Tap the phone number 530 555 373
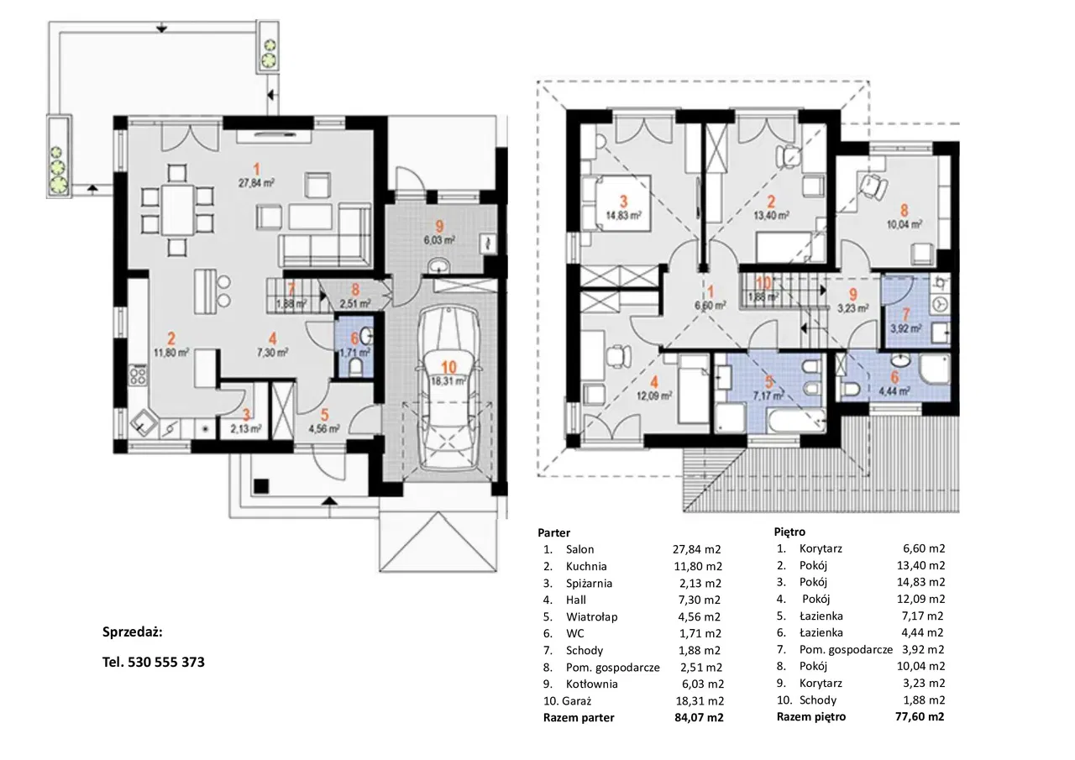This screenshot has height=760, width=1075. [166, 662]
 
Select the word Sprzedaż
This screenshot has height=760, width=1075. [133, 632]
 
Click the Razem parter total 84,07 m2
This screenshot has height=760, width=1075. [699, 717]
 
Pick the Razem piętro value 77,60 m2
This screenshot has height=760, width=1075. [920, 716]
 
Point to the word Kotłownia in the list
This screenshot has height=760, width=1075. [592, 684]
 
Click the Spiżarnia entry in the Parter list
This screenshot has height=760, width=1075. [589, 583]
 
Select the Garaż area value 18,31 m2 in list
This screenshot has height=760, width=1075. [700, 700]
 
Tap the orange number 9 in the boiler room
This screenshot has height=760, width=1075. [439, 227]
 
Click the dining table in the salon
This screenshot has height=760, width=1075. [177, 210]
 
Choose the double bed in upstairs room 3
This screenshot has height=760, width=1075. [616, 203]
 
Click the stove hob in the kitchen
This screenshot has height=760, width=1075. [138, 375]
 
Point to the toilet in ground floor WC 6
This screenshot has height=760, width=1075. [355, 368]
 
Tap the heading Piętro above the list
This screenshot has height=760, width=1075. [789, 532]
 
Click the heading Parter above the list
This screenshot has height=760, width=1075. [553, 532]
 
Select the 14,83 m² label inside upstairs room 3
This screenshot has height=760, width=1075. [623, 216]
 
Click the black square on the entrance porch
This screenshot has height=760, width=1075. [261, 486]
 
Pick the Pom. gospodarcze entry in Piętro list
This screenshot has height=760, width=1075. [846, 649]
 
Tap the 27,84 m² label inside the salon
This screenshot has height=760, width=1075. [257, 183]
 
